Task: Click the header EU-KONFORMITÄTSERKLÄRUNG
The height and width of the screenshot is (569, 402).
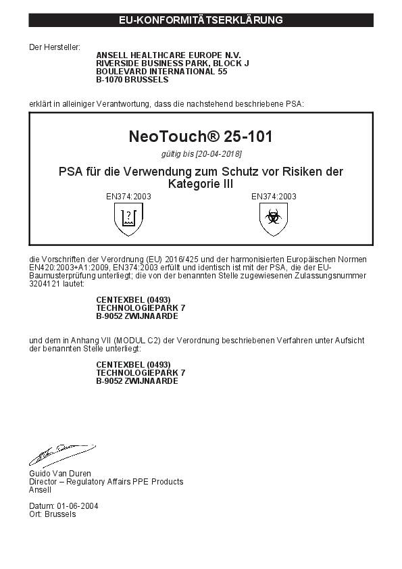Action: (201, 20)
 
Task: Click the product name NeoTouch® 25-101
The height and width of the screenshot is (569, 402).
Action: (201, 137)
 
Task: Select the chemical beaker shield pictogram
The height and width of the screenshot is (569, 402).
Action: (128, 219)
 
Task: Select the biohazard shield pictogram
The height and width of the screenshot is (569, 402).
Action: (273, 219)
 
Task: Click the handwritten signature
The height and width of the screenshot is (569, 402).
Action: (61, 453)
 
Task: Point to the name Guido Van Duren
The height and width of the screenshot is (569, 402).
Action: (59, 474)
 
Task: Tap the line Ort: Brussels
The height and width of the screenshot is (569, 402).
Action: (53, 514)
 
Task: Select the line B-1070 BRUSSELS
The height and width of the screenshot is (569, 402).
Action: (132, 79)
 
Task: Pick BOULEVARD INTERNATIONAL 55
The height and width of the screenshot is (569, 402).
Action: (161, 71)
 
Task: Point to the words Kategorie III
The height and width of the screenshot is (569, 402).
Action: (200, 184)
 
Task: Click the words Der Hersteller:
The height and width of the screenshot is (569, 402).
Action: (54, 47)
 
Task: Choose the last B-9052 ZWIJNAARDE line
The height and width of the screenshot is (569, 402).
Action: (137, 380)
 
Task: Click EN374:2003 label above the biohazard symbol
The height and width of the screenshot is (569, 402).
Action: (274, 197)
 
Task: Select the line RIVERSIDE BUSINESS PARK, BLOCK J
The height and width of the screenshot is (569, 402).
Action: (173, 63)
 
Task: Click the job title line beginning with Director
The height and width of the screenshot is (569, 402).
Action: (106, 482)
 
